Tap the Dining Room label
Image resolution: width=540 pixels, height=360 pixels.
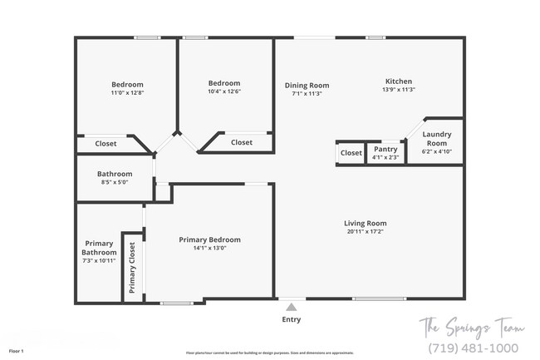[x=307, y=85]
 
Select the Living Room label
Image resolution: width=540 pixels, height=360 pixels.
[x=366, y=223]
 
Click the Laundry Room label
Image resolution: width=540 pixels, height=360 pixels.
[x=436, y=139]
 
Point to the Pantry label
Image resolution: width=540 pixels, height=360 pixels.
[x=385, y=150]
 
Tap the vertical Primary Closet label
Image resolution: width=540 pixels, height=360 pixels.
[x=132, y=268]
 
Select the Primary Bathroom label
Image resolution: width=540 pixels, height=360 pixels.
[x=99, y=248]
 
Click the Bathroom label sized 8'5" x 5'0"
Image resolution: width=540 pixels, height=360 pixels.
[x=115, y=174]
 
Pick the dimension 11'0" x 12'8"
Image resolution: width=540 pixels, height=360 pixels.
[x=127, y=93]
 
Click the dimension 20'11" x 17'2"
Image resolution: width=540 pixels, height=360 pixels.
[x=366, y=232]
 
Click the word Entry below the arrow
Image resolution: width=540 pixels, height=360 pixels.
[x=291, y=319]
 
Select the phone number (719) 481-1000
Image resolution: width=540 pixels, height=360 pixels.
[x=473, y=348]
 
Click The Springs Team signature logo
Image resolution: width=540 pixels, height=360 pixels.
[x=471, y=325]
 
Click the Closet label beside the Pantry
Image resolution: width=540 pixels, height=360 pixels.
[x=351, y=153]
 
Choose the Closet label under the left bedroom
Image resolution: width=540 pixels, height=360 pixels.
[x=106, y=144]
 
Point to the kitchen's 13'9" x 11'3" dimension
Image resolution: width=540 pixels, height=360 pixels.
[x=399, y=90]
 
